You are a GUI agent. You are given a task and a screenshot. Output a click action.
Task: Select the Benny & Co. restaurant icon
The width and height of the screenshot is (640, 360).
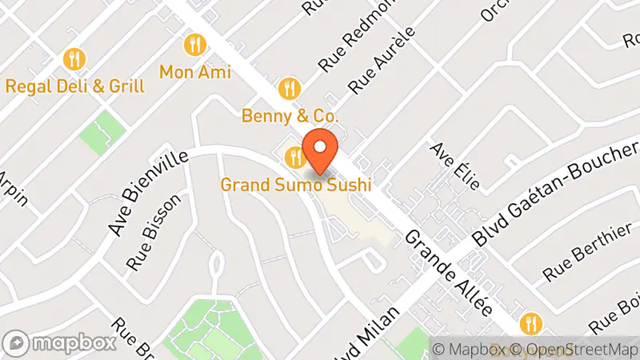click(x=290, y=86)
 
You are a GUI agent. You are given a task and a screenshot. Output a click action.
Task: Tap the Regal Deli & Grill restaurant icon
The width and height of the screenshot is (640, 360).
click(x=74, y=58)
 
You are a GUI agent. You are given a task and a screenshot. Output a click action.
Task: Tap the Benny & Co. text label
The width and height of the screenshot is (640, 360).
click(x=290, y=116)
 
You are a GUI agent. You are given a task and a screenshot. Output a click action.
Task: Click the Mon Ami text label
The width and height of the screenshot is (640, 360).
click(x=195, y=72)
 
